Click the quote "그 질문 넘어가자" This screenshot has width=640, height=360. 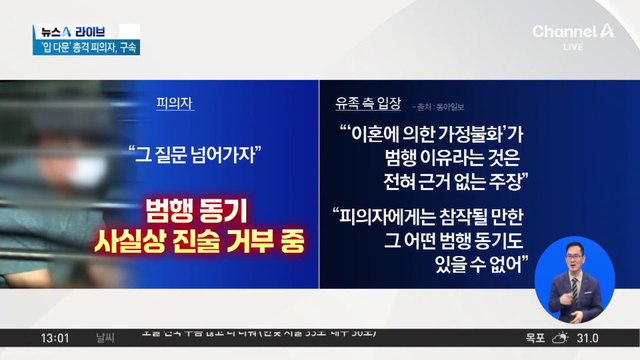click(x=195, y=154)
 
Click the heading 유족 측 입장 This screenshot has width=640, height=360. click(x=370, y=103)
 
